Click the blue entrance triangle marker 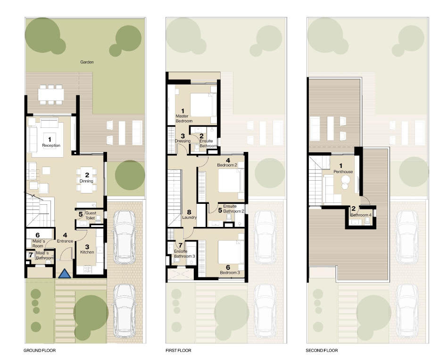point(65,273)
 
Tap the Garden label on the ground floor point(87,62)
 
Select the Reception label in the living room point(51,145)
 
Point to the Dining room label point(86,181)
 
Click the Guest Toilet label point(90,216)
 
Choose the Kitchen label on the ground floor point(87,252)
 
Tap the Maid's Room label point(37,246)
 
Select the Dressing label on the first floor point(183,141)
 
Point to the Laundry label point(189,218)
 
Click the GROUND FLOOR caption point(40,351)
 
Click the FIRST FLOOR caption point(178,351)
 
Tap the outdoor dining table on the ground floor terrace point(50,94)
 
